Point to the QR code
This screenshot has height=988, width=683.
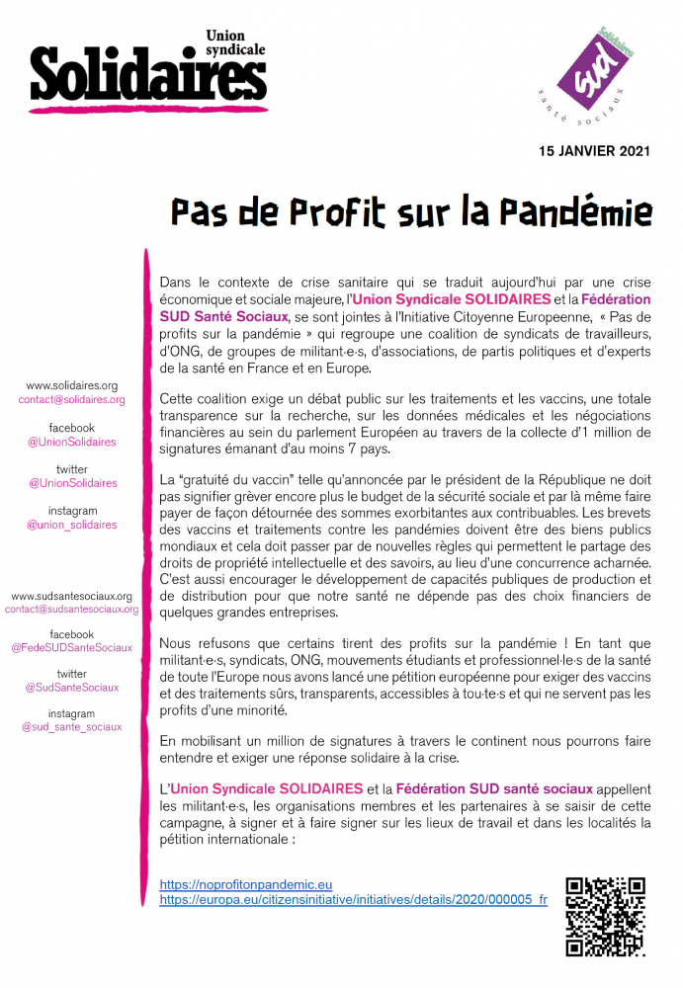605,916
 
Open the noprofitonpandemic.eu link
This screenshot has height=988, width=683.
245,884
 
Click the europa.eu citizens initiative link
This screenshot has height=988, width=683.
353,900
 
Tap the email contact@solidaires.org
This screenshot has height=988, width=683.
71,399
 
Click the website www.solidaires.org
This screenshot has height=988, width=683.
71,385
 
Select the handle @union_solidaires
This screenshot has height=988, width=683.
71,525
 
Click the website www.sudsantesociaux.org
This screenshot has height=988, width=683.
71,596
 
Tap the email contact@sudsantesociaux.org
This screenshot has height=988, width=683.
71,610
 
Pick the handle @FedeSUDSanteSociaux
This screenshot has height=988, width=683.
71,647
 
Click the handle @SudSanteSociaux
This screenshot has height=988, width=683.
71,687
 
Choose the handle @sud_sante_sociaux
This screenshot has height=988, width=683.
71,726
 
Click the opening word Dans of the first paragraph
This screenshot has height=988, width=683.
176,283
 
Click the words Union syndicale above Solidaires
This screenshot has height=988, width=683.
236,41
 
